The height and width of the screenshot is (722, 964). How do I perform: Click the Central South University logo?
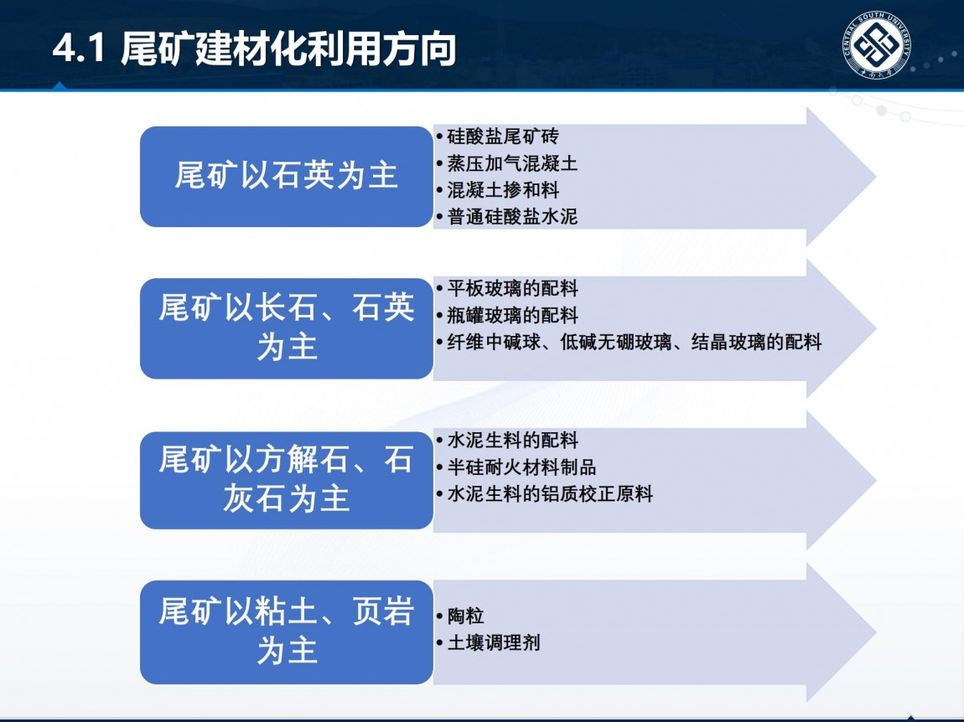point(876,45)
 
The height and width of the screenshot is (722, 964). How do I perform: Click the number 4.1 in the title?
point(79,48)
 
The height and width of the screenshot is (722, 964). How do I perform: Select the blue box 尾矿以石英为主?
point(287,177)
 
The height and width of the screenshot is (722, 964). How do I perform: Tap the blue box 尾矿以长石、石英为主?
point(287,328)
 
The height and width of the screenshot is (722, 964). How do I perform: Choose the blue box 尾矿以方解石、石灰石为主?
point(287,480)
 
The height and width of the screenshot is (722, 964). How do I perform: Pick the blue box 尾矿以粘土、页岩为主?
point(287,632)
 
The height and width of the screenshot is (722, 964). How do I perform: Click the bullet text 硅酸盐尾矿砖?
point(503,137)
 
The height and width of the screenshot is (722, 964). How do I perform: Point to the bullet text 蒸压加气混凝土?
point(512,163)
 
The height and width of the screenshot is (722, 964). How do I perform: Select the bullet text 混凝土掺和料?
point(503,190)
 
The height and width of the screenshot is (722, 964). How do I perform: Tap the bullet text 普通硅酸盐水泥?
point(512,216)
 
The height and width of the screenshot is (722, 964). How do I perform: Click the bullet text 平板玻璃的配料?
point(512,288)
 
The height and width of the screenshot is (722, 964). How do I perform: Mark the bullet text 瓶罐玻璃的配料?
point(512,315)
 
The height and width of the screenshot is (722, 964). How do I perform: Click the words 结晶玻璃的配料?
point(756,342)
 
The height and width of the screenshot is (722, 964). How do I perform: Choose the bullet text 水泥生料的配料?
point(512,440)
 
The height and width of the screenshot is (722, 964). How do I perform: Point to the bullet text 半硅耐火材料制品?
point(521,467)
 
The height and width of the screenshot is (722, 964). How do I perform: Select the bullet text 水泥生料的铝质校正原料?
point(550,493)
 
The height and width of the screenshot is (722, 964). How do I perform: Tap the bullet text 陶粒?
point(465,616)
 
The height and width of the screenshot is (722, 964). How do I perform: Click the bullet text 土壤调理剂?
point(494,642)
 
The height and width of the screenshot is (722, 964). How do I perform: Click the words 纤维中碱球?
point(494,342)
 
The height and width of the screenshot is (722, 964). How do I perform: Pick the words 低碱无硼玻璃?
point(615,342)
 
